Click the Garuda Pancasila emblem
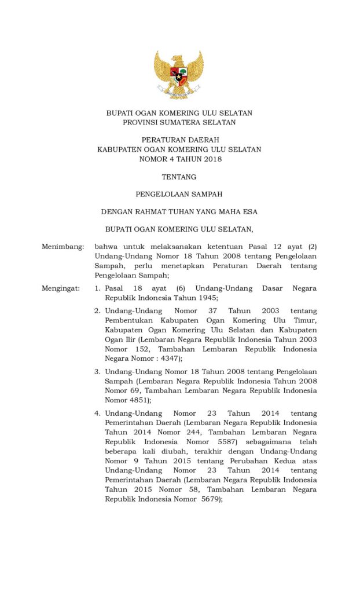tap(179, 74)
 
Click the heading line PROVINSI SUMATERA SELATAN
tap(179, 123)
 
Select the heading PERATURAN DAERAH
tap(179, 140)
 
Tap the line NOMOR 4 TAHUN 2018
tap(179, 159)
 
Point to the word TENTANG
tap(179, 177)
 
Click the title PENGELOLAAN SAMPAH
tap(179, 195)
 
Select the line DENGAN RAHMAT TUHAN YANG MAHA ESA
tap(179, 212)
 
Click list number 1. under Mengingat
tap(98, 288)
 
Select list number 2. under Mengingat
tap(98, 311)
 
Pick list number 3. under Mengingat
tap(98, 371)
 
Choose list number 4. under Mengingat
tap(98, 413)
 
